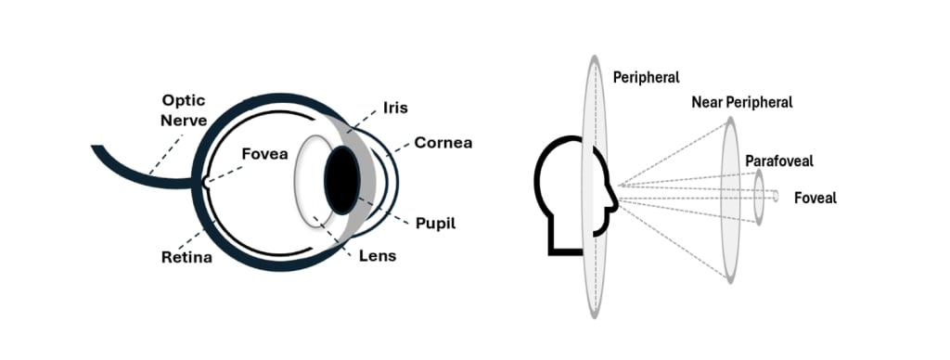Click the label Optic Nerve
coord(183,109)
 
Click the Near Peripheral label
coord(742,102)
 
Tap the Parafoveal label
coord(779,161)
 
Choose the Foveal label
coord(815,198)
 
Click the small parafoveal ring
coord(759,197)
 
